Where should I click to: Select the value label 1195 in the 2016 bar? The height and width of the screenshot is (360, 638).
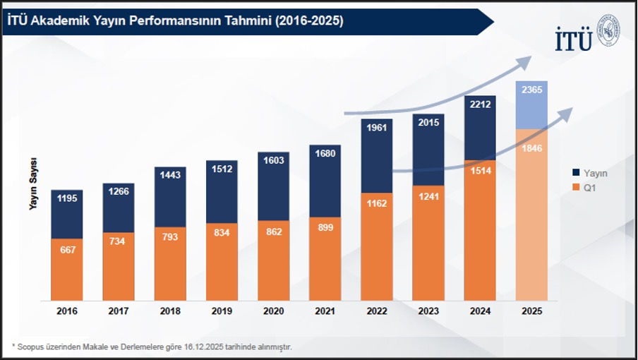67,198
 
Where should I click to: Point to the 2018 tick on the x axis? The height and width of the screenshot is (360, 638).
170,310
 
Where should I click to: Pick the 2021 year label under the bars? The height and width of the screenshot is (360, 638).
325,310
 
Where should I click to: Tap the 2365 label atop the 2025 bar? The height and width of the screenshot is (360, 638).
531,90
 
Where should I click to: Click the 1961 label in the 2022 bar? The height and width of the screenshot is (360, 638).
377,128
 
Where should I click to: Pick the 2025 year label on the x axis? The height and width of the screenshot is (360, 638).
531,310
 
